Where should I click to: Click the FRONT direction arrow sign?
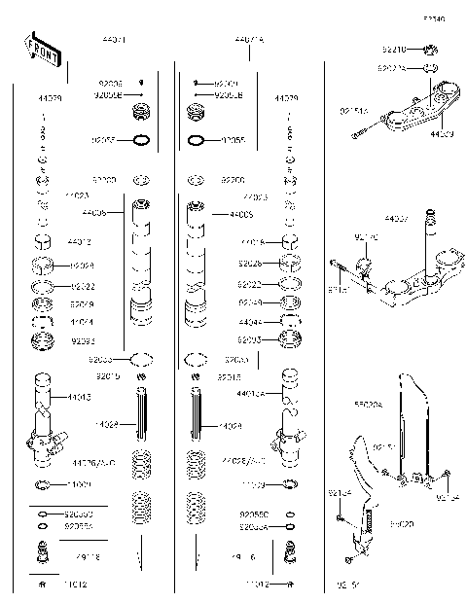(41, 51)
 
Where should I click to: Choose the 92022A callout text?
(391, 68)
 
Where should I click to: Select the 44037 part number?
(397, 220)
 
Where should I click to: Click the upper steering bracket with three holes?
(418, 112)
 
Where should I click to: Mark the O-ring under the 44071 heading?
(141, 140)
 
